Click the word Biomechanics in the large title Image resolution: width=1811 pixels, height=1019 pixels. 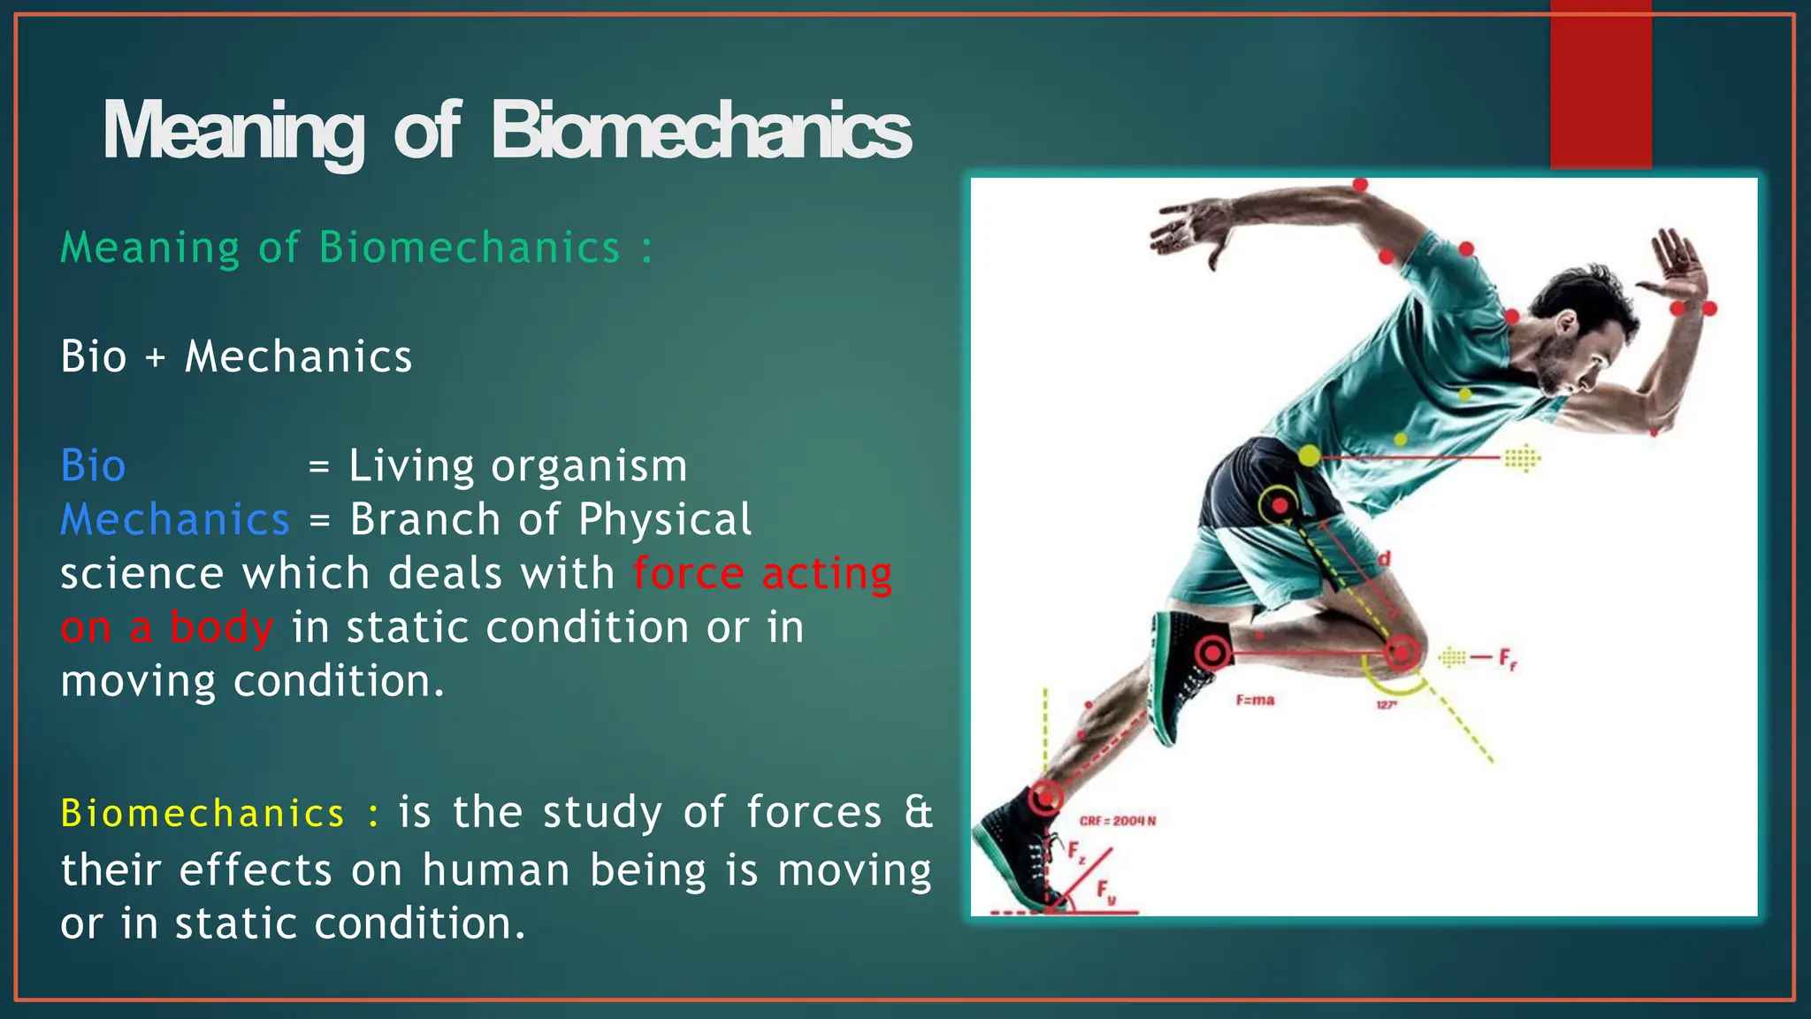(x=700, y=131)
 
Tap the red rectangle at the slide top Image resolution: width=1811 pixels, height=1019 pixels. (x=1601, y=85)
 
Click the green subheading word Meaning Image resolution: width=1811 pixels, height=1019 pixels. (x=149, y=248)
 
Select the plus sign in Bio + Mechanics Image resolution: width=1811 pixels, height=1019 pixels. (x=156, y=357)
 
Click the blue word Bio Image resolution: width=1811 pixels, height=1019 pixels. (x=93, y=466)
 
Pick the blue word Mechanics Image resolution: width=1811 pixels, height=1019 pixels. (x=175, y=520)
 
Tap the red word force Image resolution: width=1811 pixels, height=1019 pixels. (x=688, y=573)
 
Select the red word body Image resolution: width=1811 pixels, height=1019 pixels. (x=221, y=628)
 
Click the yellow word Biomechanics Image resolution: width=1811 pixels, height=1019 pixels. (x=202, y=814)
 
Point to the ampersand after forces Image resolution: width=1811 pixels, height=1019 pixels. (x=918, y=812)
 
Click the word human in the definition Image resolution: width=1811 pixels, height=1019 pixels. (x=495, y=870)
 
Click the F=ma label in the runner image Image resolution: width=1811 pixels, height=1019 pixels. (x=1255, y=701)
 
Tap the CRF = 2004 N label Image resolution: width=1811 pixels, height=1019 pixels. (x=1117, y=821)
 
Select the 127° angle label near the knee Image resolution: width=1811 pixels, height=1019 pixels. (x=1386, y=705)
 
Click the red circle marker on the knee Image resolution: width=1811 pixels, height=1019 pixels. (x=1400, y=653)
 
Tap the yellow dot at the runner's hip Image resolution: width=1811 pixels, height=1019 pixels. (x=1310, y=456)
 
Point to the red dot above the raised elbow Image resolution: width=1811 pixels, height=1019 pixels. (x=1360, y=185)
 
